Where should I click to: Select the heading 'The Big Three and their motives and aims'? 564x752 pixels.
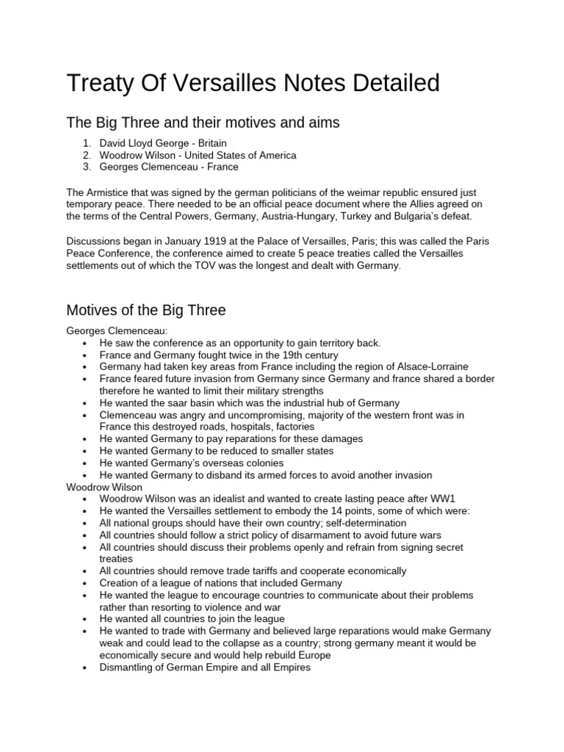203,123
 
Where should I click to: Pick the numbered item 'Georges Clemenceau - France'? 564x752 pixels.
169,167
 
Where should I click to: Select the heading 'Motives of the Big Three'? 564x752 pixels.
146,310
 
